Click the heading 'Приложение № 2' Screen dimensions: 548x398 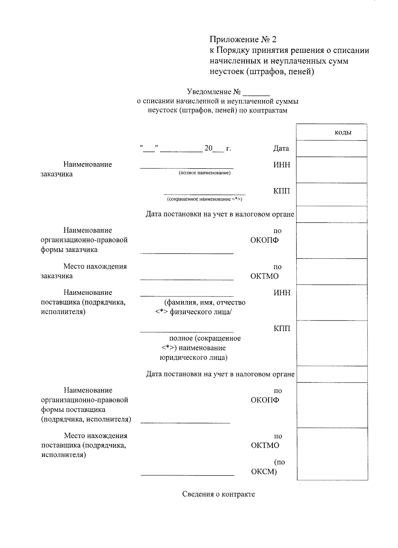click(243, 40)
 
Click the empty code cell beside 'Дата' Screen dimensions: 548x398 click(332, 149)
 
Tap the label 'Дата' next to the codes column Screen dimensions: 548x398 click(281, 149)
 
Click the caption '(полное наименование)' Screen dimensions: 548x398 click(204, 173)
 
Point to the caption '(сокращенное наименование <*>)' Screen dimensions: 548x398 click(205, 199)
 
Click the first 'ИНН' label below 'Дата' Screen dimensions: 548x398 click(282, 164)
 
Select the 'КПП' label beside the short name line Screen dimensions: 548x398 click(282, 191)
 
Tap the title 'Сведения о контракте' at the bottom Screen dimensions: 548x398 click(218, 494)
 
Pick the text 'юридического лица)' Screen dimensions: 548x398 click(193, 358)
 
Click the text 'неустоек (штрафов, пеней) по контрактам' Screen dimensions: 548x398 click(218, 110)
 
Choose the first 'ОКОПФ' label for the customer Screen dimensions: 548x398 click(264, 240)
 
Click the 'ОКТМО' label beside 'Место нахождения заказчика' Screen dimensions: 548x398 click(264, 276)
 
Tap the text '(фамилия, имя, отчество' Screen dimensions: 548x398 click(205, 302)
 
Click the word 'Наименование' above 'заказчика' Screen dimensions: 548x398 click(88, 164)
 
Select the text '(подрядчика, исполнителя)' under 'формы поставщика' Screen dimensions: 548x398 click(86, 419)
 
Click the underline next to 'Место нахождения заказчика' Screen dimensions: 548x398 click(186, 279)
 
